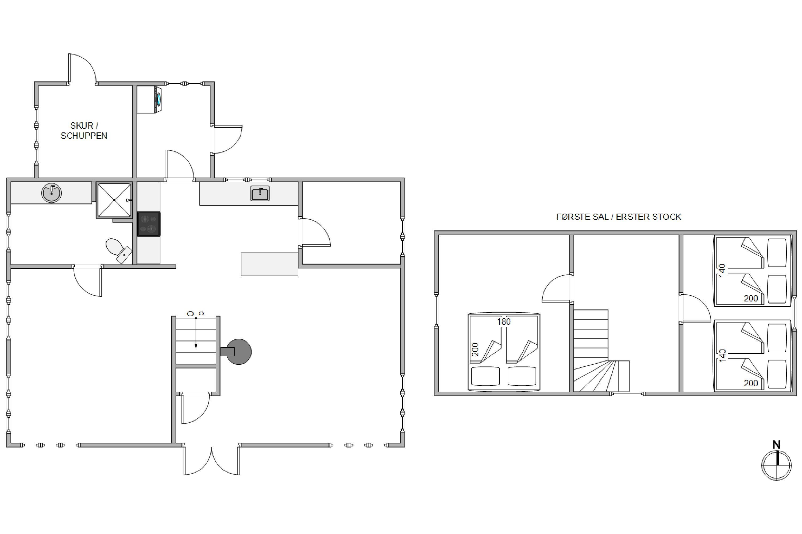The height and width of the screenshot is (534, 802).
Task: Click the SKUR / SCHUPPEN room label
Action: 84,131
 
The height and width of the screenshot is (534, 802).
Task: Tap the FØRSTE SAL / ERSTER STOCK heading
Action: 619,217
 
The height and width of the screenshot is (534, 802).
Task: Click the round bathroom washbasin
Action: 52,193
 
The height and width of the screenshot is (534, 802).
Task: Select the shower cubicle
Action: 114,200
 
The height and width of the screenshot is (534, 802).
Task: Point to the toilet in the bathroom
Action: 119,250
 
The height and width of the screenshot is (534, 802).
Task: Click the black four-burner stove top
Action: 149,224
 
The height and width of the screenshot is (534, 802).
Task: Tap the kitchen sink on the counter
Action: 260,193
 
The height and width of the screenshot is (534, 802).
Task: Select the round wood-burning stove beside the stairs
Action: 238,351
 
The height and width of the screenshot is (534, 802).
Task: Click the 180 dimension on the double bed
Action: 504,321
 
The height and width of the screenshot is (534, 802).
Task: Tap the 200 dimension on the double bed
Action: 475,350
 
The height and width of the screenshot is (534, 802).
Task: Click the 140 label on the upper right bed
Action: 722,270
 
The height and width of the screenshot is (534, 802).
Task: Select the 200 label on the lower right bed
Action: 751,383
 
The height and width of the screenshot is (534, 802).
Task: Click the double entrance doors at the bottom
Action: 212,460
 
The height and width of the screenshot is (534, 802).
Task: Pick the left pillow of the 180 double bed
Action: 485,376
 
